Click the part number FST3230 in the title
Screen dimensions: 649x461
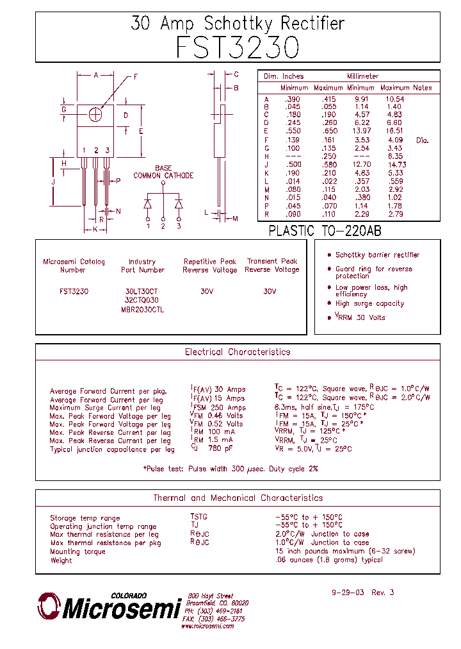pos(238,47)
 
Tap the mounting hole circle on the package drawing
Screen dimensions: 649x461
pos(96,114)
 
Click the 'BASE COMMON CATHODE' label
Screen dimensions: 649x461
pos(163,172)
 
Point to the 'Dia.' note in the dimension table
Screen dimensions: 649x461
pos(422,140)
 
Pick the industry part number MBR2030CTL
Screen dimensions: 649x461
pos(142,309)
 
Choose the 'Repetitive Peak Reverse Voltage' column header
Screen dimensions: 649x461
pos(209,265)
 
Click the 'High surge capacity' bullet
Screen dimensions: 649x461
pos(369,304)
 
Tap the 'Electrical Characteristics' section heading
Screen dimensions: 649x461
pos(238,352)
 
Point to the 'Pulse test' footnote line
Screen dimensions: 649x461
pos(230,469)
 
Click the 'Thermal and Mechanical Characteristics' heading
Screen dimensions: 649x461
pos(238,498)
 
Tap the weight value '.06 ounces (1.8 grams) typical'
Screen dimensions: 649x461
pos(328,560)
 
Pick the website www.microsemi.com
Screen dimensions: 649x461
pos(207,626)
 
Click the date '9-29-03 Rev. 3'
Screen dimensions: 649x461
pos(362,593)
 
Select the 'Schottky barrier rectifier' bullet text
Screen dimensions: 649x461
pos(377,255)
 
